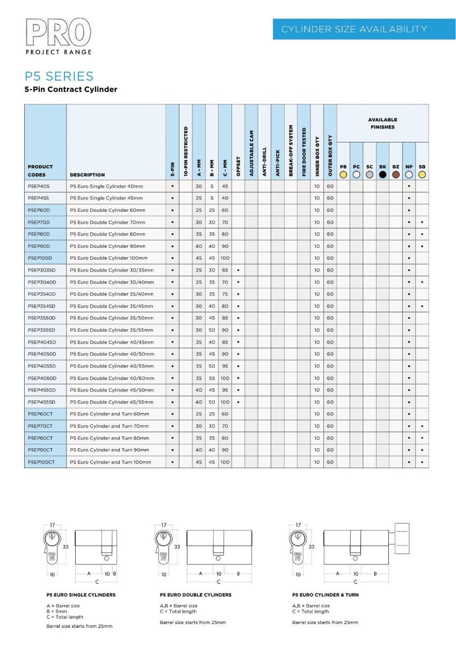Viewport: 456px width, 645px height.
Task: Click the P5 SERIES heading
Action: click(59, 76)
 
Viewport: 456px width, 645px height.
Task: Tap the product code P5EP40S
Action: click(38, 186)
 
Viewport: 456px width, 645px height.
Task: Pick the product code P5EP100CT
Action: click(41, 462)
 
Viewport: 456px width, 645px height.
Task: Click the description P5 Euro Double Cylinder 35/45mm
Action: click(112, 306)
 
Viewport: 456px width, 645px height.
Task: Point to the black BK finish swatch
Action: click(382, 174)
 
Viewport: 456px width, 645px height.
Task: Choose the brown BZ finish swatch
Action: click(396, 174)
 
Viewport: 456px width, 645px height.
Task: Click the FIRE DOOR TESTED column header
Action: click(304, 152)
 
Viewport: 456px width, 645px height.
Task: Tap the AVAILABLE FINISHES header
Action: click(382, 123)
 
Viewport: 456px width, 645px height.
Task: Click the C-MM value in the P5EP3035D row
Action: click(225, 270)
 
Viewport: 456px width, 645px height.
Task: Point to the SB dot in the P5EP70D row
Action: click(422, 222)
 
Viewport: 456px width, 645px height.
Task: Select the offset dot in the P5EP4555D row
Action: click(238, 402)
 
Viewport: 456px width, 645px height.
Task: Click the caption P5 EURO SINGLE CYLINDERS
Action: click(81, 595)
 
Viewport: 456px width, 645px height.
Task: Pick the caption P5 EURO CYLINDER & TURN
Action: click(325, 595)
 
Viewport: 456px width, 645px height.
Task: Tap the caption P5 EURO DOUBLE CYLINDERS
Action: click(196, 595)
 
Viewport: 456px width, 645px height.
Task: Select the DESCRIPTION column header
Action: click(88, 175)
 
